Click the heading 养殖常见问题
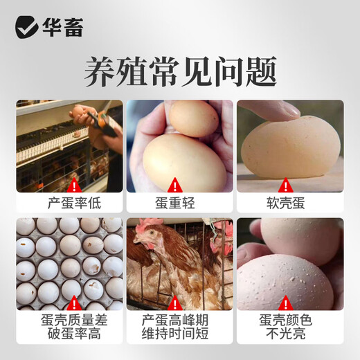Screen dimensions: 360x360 (180, 72)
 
